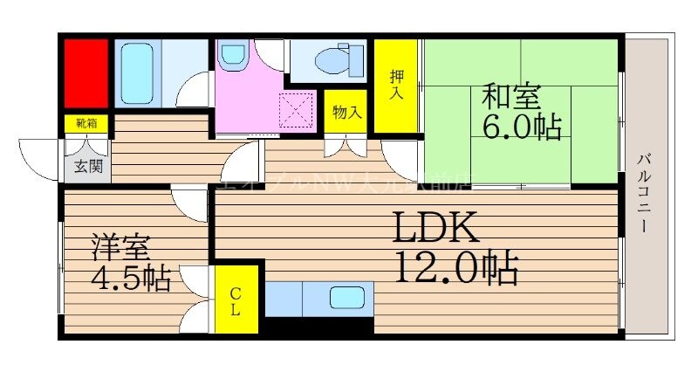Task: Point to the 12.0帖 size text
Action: point(456,268)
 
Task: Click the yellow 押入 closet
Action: point(397,86)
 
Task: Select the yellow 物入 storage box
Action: point(346,112)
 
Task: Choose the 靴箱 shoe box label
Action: point(86,124)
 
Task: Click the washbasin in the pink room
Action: point(232,55)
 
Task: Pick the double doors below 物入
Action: point(346,144)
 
